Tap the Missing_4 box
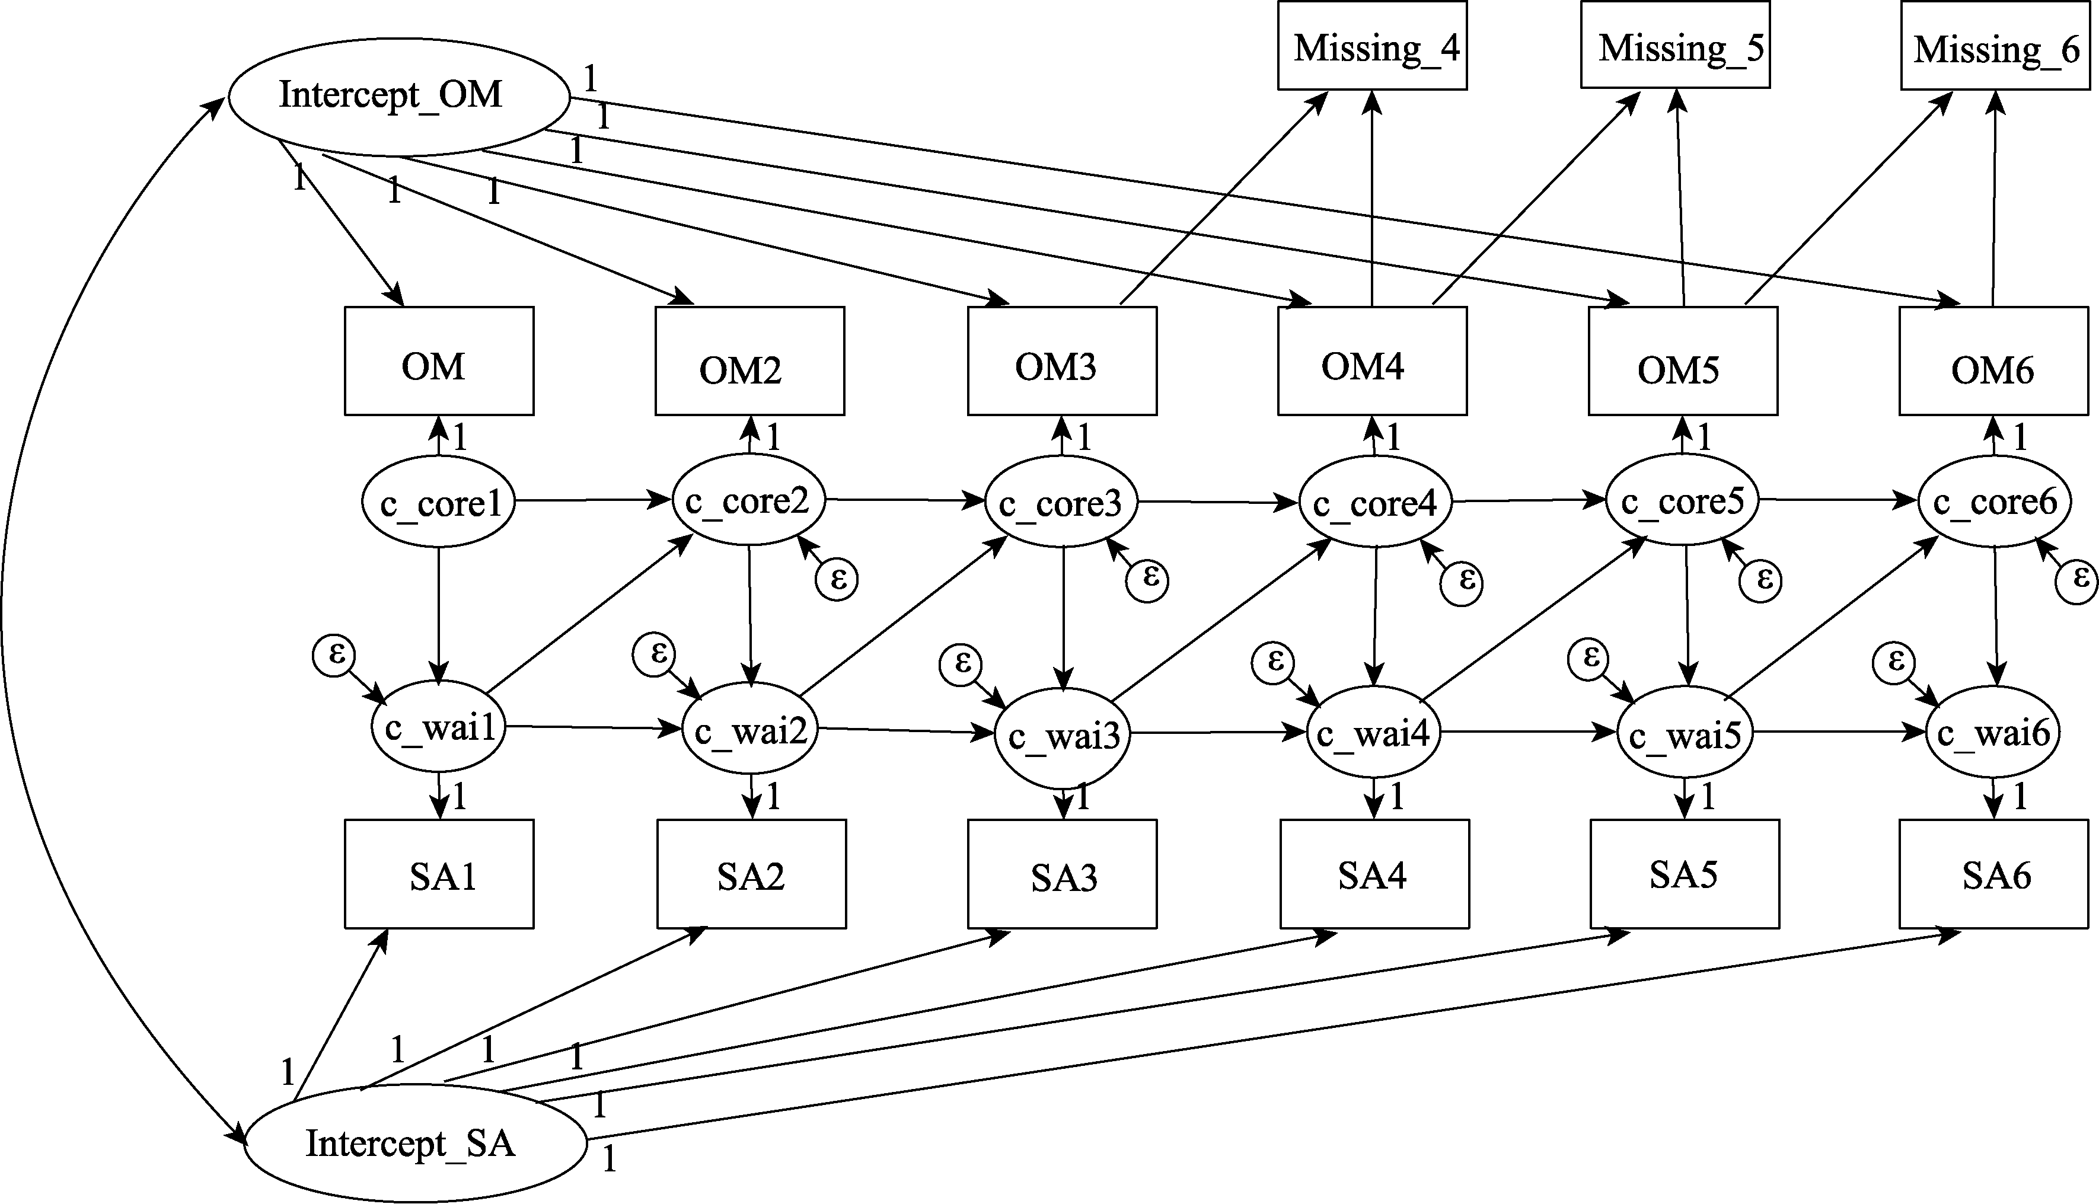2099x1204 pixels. (1372, 46)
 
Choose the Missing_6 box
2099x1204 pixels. (1994, 46)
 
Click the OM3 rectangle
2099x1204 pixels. (1062, 362)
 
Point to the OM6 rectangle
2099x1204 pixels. (1993, 362)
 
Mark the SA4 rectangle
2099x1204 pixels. (1374, 874)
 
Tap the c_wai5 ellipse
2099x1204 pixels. (1685, 733)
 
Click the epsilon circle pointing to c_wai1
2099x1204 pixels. (333, 656)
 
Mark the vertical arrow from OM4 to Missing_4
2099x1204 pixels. (1372, 199)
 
